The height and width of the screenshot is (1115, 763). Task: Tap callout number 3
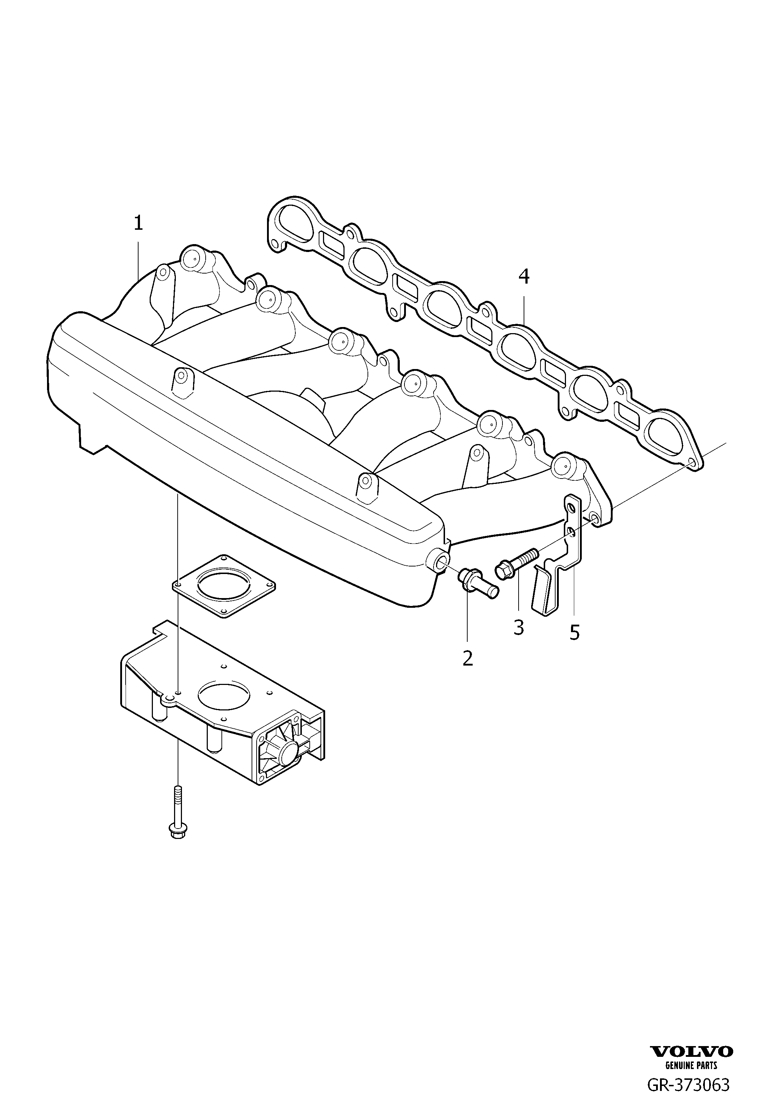[519, 627]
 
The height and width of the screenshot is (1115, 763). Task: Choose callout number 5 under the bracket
[575, 632]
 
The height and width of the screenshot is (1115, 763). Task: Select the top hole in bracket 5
[570, 508]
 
